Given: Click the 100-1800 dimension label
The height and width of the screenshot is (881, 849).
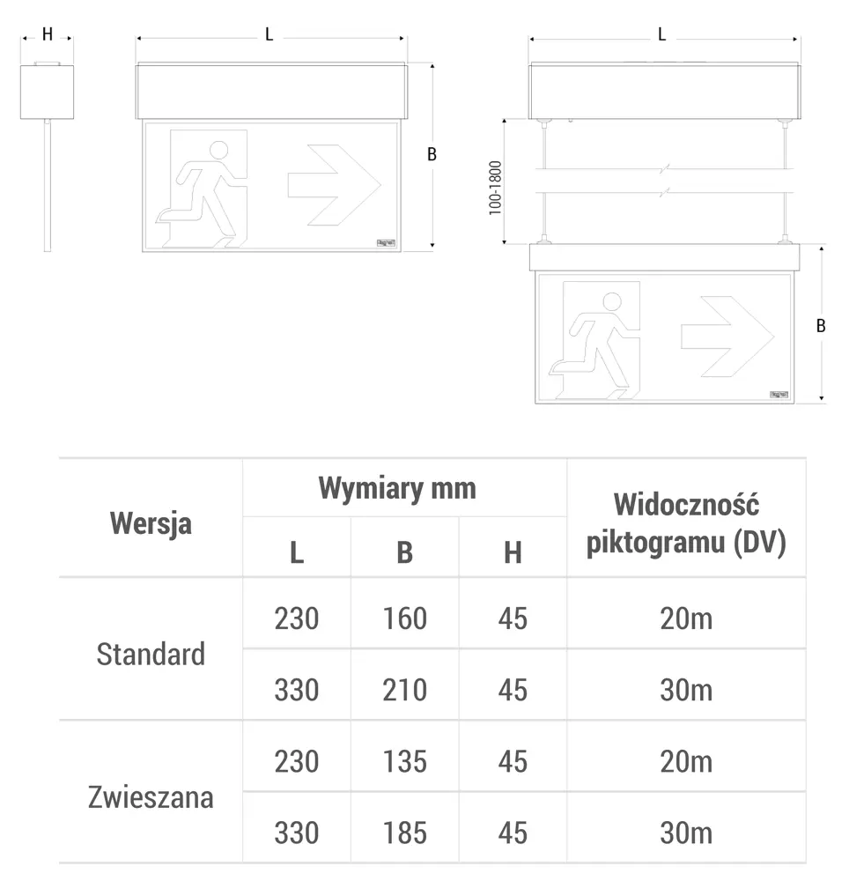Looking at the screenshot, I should (x=495, y=188).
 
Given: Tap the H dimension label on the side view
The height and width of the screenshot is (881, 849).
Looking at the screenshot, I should (x=48, y=34).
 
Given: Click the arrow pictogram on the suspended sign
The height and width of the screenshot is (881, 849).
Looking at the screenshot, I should (x=727, y=336).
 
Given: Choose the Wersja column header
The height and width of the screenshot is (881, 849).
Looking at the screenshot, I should (x=151, y=522).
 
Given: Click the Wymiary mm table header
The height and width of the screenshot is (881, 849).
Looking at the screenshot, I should (x=396, y=488).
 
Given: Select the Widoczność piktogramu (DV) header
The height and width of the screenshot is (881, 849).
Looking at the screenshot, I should (x=686, y=523).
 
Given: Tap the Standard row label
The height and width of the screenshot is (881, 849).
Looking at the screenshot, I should (x=151, y=654).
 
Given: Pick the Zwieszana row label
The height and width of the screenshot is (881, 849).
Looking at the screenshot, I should (x=151, y=797).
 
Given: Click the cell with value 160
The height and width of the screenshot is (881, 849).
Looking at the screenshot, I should (x=404, y=618).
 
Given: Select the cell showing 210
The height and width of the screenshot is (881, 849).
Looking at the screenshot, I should (x=404, y=689).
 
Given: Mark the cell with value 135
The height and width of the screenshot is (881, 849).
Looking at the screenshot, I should (x=404, y=761).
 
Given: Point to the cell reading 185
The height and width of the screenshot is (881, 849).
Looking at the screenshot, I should (x=404, y=833).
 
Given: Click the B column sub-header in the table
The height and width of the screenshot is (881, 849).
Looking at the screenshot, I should (x=404, y=552).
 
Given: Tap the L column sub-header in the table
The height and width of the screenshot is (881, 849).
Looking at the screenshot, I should (x=297, y=552).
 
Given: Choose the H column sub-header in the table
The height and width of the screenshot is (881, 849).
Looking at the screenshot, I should (x=513, y=552).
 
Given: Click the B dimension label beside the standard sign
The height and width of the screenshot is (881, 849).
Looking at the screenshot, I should (x=432, y=154).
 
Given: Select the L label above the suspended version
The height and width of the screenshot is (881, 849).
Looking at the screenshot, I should (x=661, y=34).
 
